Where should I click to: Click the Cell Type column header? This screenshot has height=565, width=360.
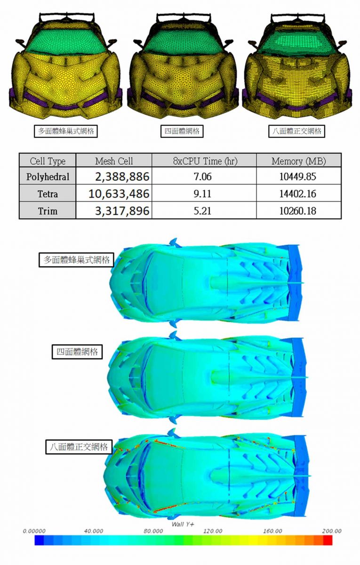[x=48, y=161]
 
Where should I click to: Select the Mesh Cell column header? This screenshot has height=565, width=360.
[x=114, y=161]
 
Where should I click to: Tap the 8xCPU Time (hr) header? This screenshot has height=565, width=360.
[x=205, y=161]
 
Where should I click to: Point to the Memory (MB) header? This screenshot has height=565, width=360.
[x=299, y=161]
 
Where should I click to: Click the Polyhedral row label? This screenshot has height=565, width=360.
[x=48, y=177]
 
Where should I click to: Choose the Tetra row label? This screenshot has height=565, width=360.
[x=48, y=194]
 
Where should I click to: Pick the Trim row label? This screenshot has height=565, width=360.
[x=48, y=210]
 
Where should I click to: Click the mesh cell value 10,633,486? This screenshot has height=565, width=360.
[x=119, y=194]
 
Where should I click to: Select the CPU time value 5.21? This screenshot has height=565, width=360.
[x=202, y=210]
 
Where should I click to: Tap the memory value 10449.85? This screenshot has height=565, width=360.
[x=298, y=177]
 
